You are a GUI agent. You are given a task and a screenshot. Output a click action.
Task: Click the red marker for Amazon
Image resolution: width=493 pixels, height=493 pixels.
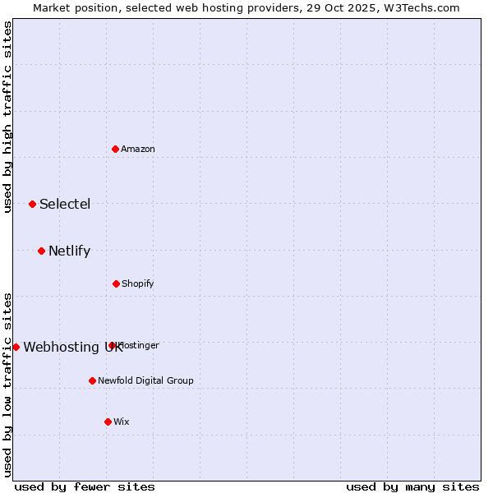[116, 149]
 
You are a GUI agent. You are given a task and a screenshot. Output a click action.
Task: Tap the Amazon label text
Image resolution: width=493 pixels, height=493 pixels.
[138, 150]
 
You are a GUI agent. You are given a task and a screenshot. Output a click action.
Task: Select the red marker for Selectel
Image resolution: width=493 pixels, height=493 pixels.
[32, 204]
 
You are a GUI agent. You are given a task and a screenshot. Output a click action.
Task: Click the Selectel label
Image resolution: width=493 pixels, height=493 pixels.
[65, 205]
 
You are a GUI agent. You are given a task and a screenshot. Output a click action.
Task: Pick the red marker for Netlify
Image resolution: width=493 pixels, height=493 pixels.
[41, 251]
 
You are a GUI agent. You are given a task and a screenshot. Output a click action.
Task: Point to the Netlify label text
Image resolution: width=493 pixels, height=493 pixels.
[69, 251]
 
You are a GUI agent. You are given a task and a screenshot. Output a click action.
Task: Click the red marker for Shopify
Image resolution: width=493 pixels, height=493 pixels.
[116, 283]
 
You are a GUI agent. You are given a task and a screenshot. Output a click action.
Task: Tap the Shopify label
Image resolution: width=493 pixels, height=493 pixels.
[138, 284]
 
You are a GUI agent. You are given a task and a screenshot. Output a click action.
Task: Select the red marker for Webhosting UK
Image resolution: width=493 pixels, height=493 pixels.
[16, 347]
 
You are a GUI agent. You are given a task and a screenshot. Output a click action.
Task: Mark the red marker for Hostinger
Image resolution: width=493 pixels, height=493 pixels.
[112, 345]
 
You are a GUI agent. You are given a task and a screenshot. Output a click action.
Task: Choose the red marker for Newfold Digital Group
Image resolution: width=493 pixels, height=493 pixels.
[92, 380]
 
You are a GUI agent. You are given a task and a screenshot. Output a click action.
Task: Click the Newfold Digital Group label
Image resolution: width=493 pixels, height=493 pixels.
[145, 381]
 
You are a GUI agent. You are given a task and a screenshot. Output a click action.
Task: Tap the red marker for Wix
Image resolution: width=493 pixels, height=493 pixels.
[108, 422]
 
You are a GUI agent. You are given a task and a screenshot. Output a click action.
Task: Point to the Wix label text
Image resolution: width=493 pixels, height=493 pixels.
[122, 422]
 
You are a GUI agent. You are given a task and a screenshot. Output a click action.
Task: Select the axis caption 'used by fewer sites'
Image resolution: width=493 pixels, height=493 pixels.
[85, 486]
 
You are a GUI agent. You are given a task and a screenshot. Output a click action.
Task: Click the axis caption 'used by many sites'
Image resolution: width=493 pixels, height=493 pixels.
[412, 486]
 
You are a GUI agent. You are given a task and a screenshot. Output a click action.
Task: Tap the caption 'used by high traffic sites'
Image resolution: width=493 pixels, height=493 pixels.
[8, 117]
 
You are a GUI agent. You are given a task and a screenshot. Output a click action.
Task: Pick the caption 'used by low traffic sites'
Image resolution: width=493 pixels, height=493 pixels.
[8, 385]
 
